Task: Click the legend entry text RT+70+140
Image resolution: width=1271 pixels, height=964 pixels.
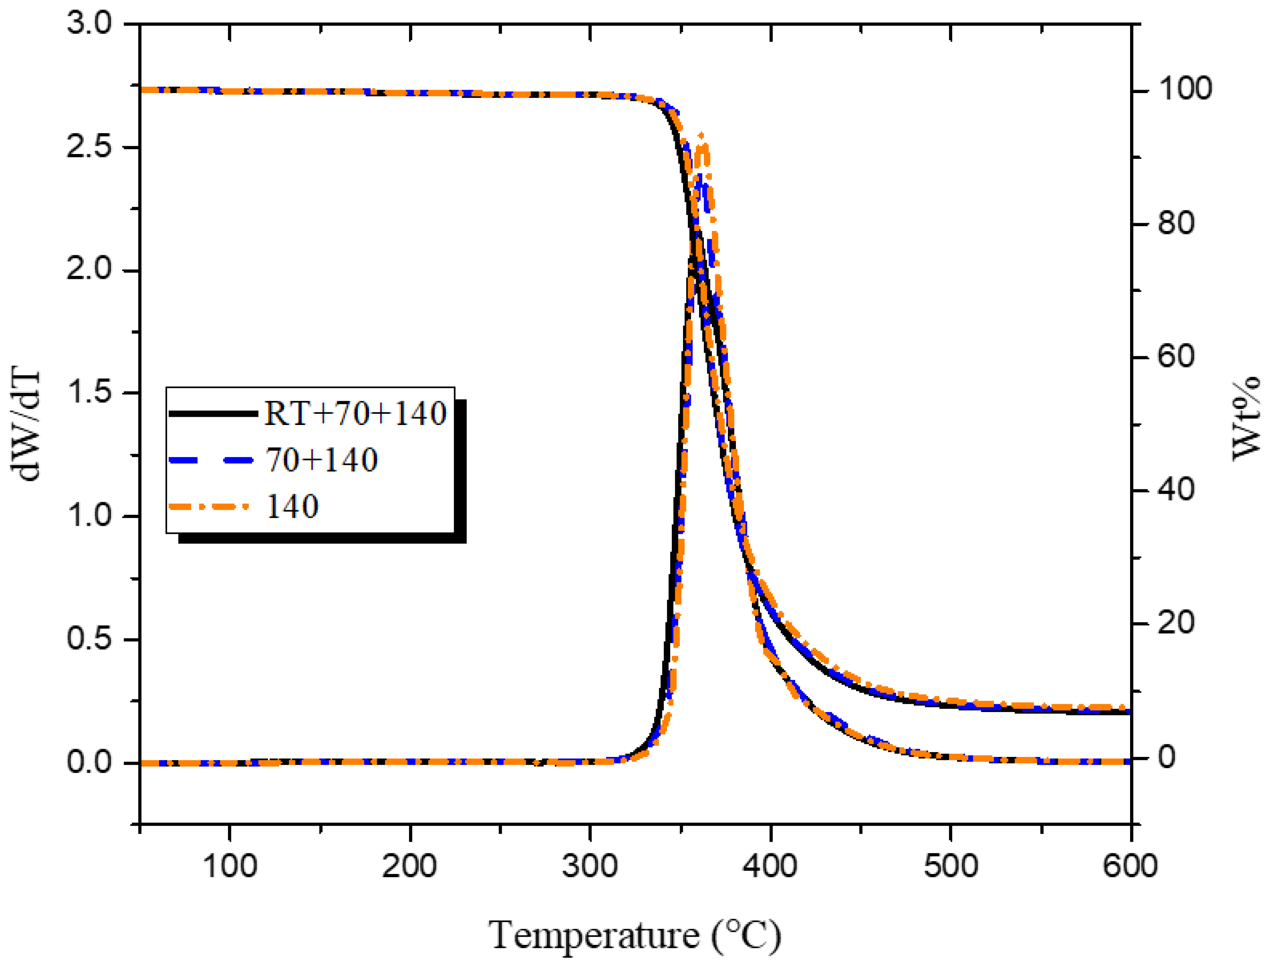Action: [x=355, y=413]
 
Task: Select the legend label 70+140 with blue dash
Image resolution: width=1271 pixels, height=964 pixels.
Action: [x=322, y=460]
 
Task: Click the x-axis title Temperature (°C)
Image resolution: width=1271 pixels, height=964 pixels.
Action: [x=635, y=935]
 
